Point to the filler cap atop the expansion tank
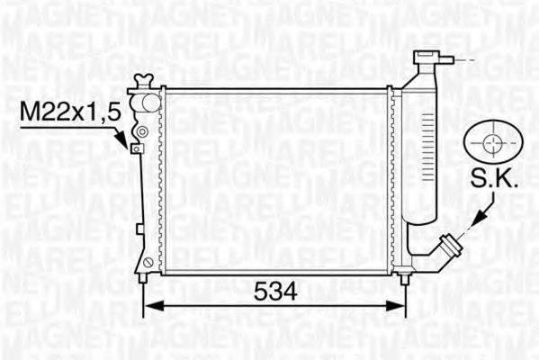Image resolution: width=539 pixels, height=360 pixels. coord(424,59)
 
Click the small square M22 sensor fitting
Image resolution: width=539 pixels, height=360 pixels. coord(137,148)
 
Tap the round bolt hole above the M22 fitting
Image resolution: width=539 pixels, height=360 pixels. coord(139,132)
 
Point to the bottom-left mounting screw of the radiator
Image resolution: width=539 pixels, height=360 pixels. coord(148,263)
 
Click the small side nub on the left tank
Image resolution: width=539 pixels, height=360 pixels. coord(137,220)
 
